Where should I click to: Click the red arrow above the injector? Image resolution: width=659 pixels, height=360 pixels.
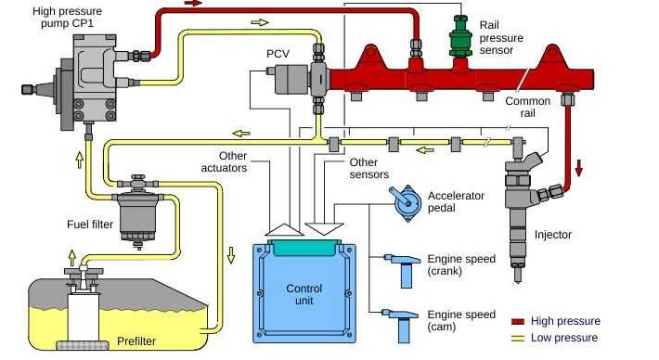pos(580,168)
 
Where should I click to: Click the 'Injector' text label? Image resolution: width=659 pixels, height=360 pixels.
pos(555,235)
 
